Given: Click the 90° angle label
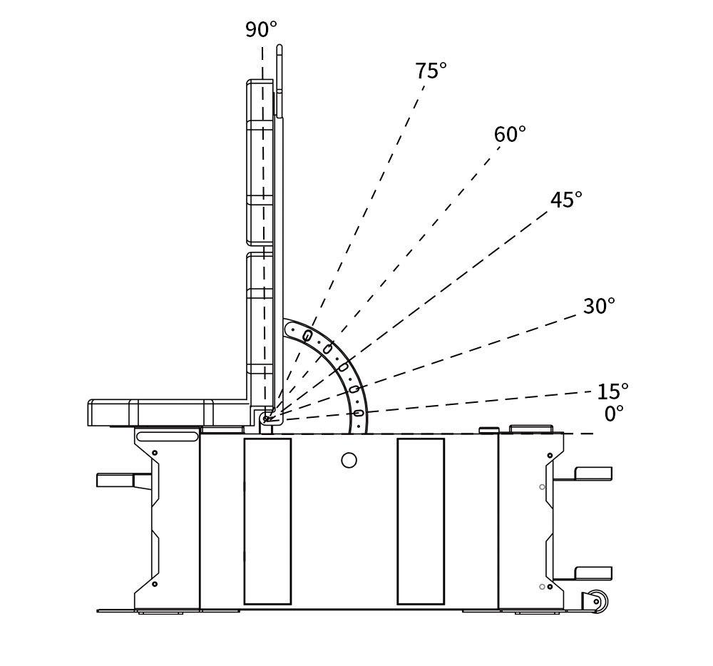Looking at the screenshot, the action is tap(261, 30).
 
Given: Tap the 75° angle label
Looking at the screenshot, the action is tap(431, 71).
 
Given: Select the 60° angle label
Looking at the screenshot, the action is tap(510, 135).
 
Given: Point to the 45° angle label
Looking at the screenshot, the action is tap(566, 200).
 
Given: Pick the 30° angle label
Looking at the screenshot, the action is tap(599, 307).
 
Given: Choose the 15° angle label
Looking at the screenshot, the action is tap(612, 391).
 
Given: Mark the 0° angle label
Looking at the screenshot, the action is tap(614, 414).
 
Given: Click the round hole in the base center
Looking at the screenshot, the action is tap(349, 460).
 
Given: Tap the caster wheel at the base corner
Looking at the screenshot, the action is tap(595, 601).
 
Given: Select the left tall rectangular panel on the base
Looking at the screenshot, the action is tap(267, 521).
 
